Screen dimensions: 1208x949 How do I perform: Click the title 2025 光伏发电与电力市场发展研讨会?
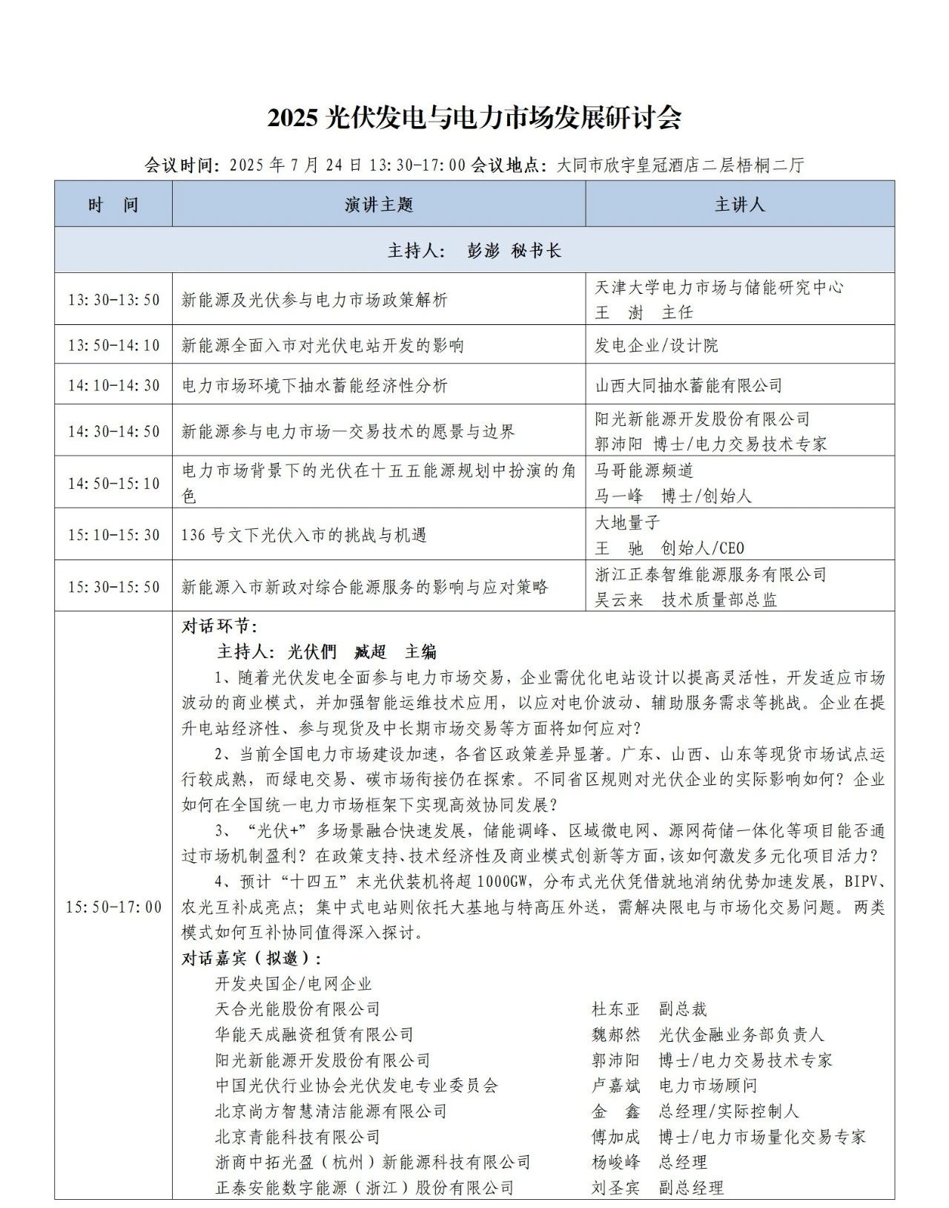click(x=474, y=118)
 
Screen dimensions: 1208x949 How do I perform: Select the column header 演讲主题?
click(x=378, y=205)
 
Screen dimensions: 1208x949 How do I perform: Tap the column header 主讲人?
click(x=739, y=205)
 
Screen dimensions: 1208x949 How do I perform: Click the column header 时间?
click(x=113, y=205)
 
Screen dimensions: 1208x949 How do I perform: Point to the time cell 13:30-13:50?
click(x=113, y=300)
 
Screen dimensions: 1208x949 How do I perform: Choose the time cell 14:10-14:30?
click(x=113, y=385)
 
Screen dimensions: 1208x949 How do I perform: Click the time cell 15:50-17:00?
click(x=113, y=907)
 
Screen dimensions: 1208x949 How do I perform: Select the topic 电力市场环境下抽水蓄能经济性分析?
click(x=314, y=385)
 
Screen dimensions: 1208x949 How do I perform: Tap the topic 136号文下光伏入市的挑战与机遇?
click(x=304, y=535)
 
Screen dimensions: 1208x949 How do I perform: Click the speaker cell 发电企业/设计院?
click(x=656, y=345)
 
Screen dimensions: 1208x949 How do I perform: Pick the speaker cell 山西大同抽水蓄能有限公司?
click(x=689, y=385)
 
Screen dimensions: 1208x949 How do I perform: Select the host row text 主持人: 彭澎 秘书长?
click(x=474, y=250)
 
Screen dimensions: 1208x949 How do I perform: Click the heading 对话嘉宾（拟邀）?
click(x=252, y=958)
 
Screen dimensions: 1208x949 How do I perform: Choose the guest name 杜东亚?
click(x=615, y=1009)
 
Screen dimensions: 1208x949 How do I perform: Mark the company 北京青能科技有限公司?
click(x=297, y=1137)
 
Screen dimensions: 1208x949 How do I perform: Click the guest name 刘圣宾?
click(x=615, y=1188)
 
